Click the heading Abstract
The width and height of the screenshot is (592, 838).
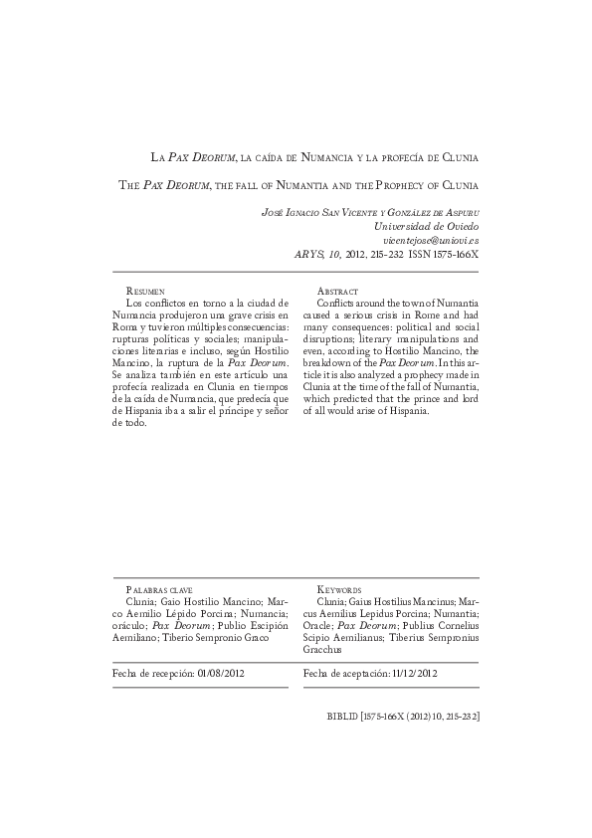[337, 290]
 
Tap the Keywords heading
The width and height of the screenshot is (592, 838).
[339, 590]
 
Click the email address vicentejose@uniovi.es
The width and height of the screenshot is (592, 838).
[431, 240]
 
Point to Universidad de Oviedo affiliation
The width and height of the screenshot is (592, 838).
[430, 226]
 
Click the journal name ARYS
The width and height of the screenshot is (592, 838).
[308, 254]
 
